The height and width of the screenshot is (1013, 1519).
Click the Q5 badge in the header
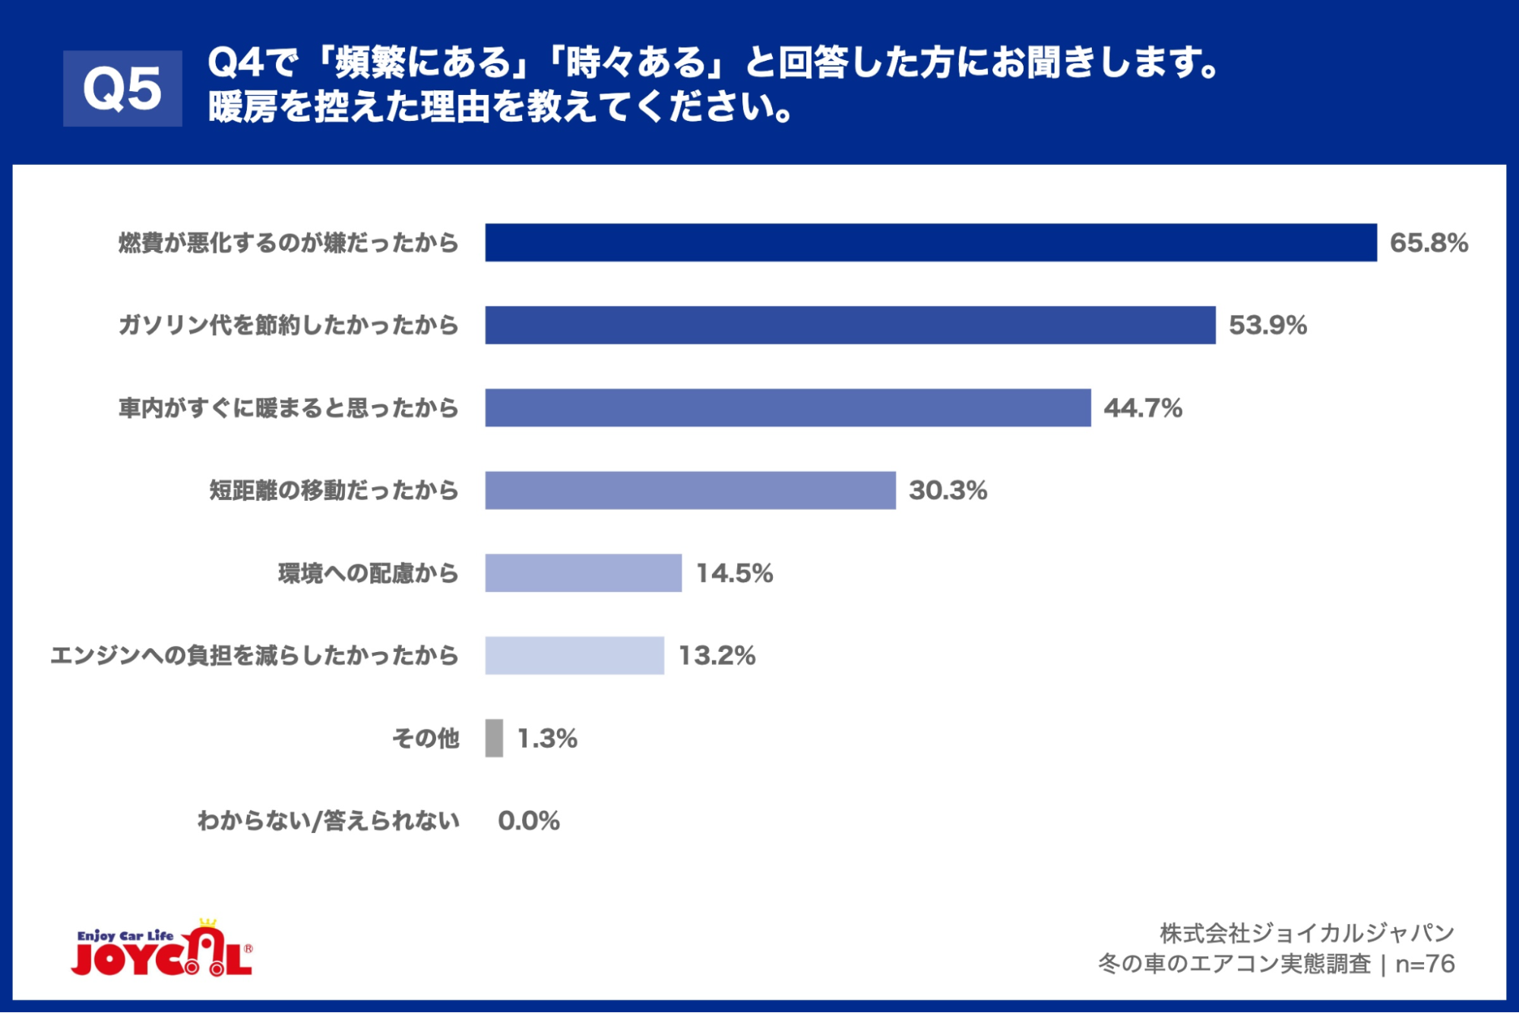click(122, 88)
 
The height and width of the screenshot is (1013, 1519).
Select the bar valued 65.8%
click(931, 242)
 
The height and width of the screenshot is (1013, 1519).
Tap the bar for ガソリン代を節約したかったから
click(850, 325)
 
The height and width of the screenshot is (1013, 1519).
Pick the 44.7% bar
click(788, 408)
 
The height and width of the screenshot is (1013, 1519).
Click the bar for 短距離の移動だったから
click(690, 490)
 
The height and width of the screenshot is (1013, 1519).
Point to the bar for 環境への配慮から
click(583, 573)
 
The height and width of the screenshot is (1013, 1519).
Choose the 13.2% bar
click(574, 655)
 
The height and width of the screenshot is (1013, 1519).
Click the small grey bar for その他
click(494, 738)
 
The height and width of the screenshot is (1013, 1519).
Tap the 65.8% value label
click(1429, 243)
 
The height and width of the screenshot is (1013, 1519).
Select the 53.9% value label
click(1267, 326)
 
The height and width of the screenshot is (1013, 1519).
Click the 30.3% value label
click(948, 491)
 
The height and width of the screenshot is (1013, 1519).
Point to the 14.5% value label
click(734, 574)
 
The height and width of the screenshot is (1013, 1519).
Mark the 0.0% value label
click(529, 821)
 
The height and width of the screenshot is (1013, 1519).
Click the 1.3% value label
click(547, 739)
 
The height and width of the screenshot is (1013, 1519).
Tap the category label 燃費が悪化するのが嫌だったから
click(289, 243)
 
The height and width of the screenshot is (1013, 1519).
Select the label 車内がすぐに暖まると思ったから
click(289, 409)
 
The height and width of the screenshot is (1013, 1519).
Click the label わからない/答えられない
click(328, 821)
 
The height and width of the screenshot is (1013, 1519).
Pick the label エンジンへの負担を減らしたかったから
click(255, 656)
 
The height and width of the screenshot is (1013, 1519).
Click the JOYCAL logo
click(162, 949)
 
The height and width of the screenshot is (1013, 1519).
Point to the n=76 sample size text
click(1425, 964)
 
